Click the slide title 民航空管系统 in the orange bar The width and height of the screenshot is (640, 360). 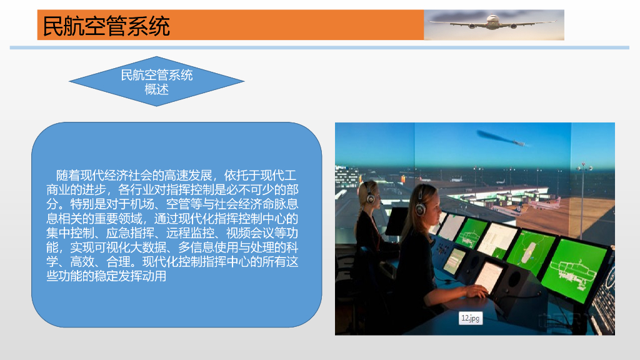(106, 26)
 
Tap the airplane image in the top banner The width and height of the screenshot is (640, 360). (494, 24)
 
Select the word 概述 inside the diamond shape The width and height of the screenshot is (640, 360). (156, 89)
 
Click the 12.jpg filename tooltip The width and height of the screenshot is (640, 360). (471, 318)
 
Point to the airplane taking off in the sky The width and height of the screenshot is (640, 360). (500, 138)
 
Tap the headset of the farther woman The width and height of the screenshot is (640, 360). (370, 197)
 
